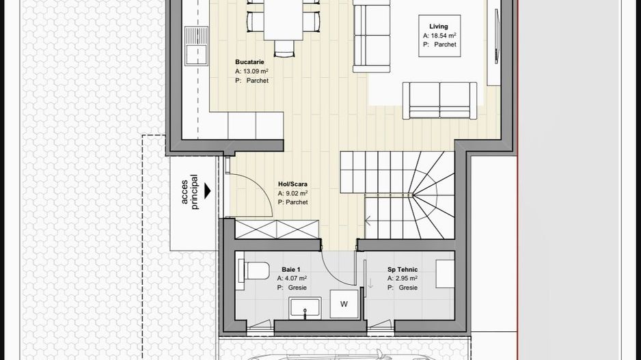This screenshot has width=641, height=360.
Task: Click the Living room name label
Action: (438, 27)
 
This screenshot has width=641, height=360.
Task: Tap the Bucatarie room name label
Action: (249, 61)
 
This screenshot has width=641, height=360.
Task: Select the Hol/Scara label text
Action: (292, 184)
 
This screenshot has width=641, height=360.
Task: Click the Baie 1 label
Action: (291, 269)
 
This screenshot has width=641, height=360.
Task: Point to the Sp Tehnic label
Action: (403, 269)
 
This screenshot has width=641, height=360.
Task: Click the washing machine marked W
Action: (344, 304)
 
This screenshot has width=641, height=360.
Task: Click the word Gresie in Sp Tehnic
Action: (408, 288)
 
